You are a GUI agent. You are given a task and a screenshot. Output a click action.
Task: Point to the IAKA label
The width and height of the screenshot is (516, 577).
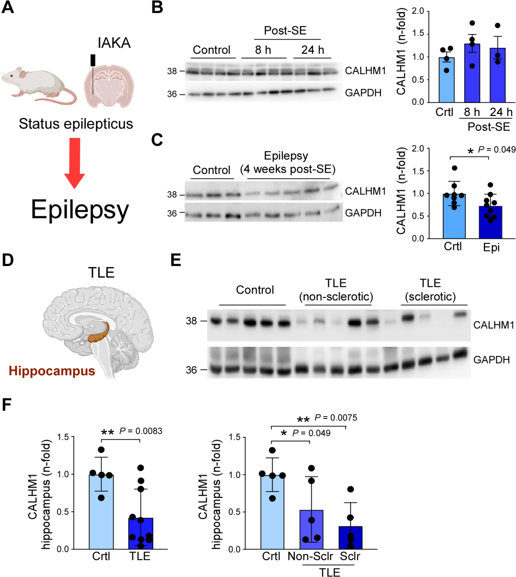[114, 43]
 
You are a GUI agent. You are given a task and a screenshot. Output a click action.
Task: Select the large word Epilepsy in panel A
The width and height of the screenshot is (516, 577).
[80, 210]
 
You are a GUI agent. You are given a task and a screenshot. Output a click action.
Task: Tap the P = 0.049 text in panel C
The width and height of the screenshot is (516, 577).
[496, 150]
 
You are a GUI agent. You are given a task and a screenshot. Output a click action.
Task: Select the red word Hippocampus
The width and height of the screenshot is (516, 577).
[52, 371]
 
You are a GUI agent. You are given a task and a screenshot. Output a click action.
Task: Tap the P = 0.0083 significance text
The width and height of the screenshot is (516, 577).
[141, 431]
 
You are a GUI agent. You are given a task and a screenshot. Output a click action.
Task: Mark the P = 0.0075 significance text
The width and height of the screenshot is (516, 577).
[336, 418]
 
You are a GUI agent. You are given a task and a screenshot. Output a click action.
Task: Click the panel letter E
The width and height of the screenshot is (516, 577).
[176, 260]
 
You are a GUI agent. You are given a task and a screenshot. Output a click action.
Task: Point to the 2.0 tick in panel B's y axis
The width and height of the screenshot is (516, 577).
[418, 11]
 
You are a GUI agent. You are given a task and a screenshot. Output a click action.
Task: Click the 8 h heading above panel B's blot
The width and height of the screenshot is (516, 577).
[263, 50]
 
